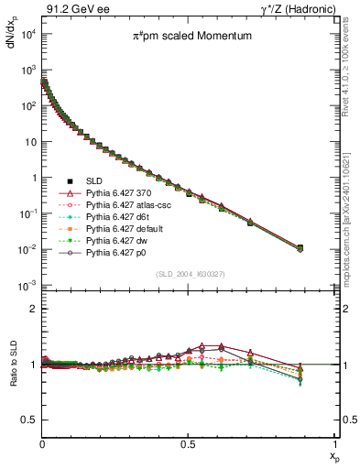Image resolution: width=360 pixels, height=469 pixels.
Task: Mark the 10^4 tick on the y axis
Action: [x=27, y=34]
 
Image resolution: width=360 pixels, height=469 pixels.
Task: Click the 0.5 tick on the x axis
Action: [x=188, y=442]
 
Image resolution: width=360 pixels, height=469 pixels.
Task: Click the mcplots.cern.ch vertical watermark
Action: [x=352, y=220]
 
